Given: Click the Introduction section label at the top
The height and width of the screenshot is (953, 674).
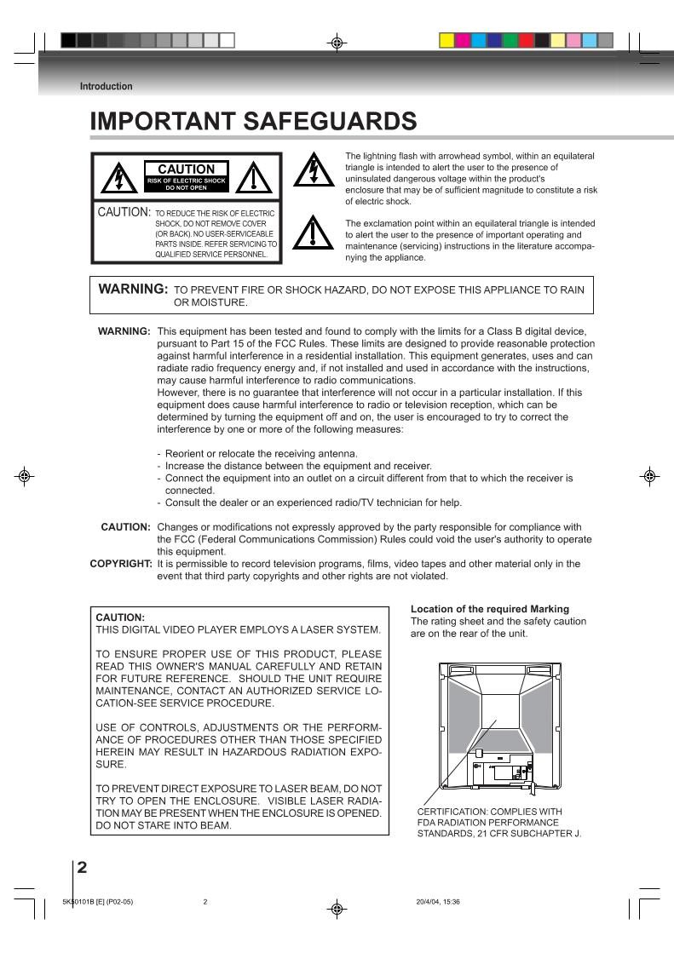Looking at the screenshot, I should tap(106, 86).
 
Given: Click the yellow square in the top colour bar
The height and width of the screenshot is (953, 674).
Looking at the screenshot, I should tap(446, 40).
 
